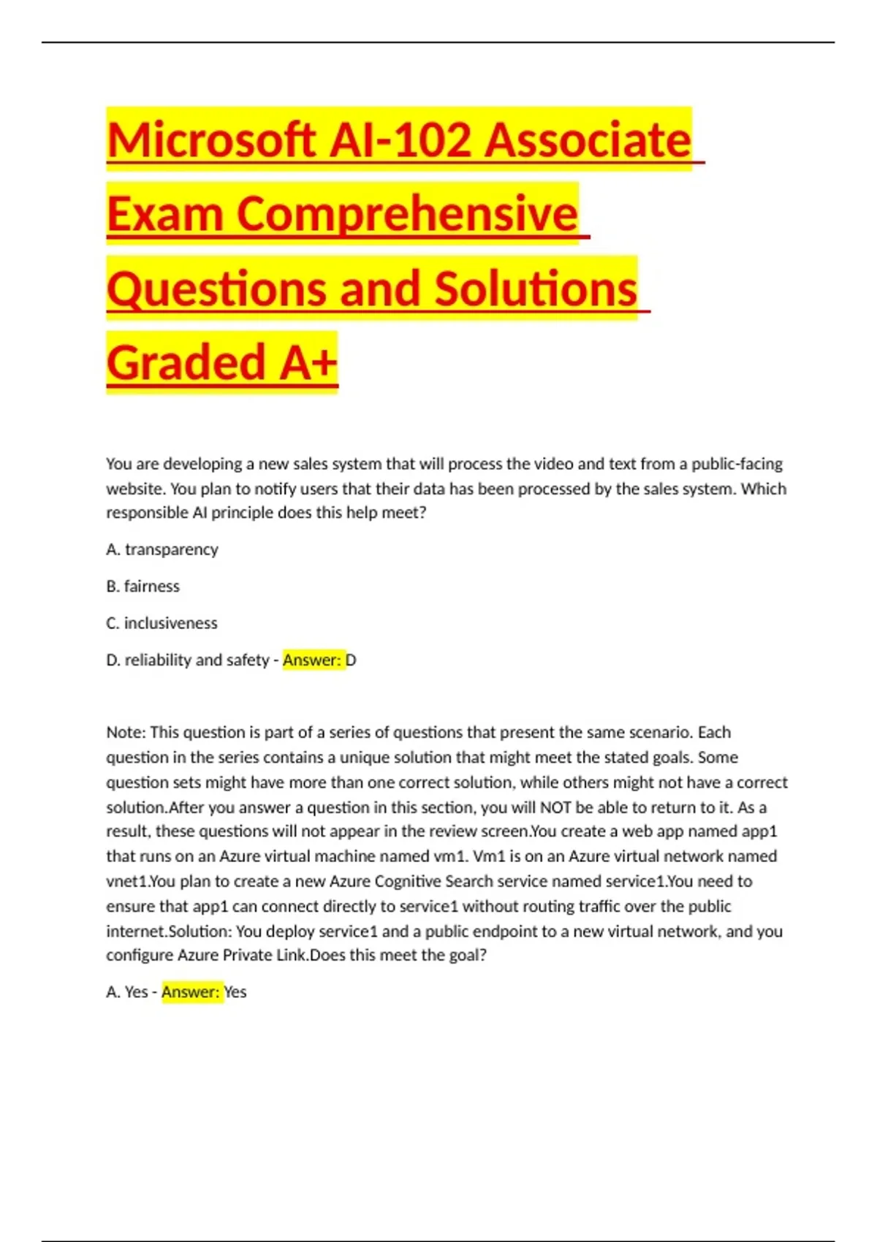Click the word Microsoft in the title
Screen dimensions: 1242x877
click(211, 140)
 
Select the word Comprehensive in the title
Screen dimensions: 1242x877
click(407, 214)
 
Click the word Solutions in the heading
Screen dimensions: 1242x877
click(536, 289)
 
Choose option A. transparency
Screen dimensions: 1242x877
click(162, 549)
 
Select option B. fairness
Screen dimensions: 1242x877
click(143, 587)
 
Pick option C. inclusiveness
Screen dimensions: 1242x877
click(162, 623)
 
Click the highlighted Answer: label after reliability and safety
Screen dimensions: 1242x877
click(312, 660)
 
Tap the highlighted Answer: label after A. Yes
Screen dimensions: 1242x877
click(191, 992)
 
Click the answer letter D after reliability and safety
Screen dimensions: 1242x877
click(351, 660)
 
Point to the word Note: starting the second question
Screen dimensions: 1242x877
click(126, 733)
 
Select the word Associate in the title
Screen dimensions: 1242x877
click(588, 140)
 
